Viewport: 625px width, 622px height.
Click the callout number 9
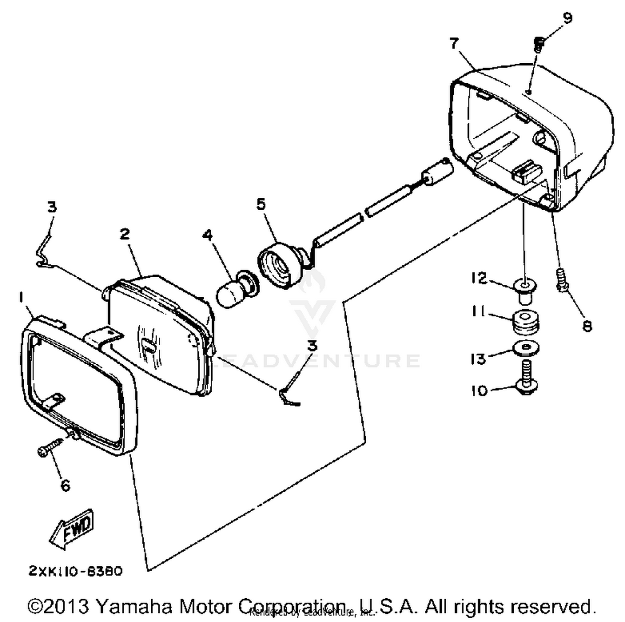[567, 17]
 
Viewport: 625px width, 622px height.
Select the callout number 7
[454, 42]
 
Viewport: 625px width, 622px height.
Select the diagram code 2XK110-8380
[75, 571]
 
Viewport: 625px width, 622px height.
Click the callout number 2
[125, 234]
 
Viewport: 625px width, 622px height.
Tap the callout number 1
[20, 296]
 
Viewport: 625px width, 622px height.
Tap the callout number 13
[478, 359]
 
